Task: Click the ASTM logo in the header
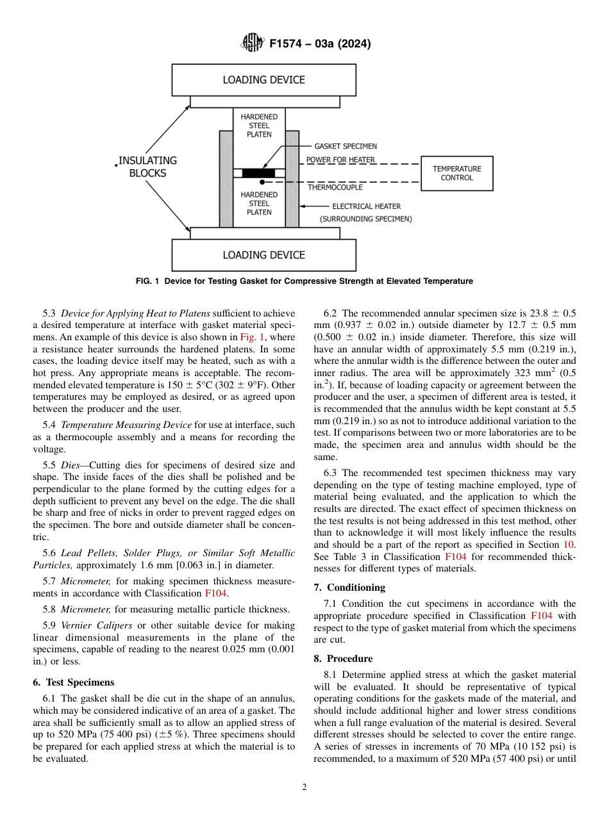[x=252, y=44]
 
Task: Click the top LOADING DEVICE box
[x=263, y=80]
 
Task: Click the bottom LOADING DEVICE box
[x=263, y=255]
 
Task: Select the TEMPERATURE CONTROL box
[x=456, y=173]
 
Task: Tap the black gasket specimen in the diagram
[x=258, y=173]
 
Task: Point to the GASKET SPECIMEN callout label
[x=346, y=146]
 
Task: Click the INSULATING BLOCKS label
[x=147, y=167]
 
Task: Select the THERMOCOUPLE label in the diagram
[x=335, y=187]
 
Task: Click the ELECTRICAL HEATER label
[x=366, y=206]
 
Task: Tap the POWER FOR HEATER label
[x=340, y=160]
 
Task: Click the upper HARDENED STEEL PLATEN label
[x=259, y=126]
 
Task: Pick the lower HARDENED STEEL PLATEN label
[x=259, y=203]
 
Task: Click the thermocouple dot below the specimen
[x=262, y=182]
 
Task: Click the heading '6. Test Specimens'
[x=73, y=682]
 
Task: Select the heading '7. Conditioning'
[x=349, y=587]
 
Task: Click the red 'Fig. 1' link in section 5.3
[x=248, y=336]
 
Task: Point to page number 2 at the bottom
[x=304, y=787]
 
